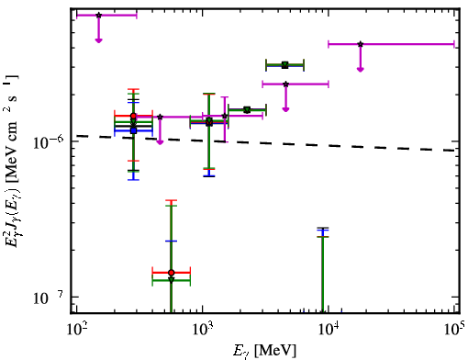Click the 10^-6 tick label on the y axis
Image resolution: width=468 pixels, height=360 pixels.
click(x=48, y=141)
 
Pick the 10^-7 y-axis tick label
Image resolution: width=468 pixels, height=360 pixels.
click(x=48, y=298)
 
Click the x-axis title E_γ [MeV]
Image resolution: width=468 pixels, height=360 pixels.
click(x=264, y=351)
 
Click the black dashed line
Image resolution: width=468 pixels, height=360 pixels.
click(x=265, y=143)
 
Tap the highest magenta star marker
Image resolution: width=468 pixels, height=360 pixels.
click(x=98, y=15)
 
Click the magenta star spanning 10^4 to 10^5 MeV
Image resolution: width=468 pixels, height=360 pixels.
click(x=361, y=44)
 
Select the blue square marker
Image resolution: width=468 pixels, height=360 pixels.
click(x=133, y=130)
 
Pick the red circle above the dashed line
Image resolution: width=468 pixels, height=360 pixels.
click(x=133, y=116)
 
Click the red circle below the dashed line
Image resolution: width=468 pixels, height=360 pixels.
click(x=172, y=273)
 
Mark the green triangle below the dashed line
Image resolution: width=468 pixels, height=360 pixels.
click(x=172, y=280)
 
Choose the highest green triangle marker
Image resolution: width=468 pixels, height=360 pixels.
click(x=285, y=64)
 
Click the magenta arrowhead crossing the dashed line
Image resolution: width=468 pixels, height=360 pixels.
click(x=160, y=142)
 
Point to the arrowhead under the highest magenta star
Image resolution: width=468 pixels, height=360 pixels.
click(x=98, y=40)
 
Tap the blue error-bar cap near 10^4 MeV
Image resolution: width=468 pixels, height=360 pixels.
click(x=323, y=231)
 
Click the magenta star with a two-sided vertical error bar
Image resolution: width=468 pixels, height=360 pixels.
click(x=225, y=116)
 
